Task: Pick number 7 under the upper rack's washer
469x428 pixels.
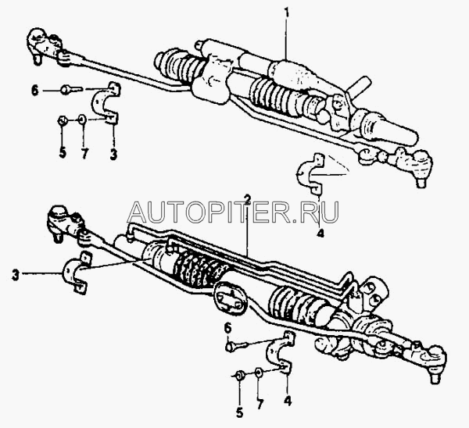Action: [84, 153]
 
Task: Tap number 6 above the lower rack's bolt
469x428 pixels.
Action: [228, 327]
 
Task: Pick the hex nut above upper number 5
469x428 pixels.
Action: [63, 121]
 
